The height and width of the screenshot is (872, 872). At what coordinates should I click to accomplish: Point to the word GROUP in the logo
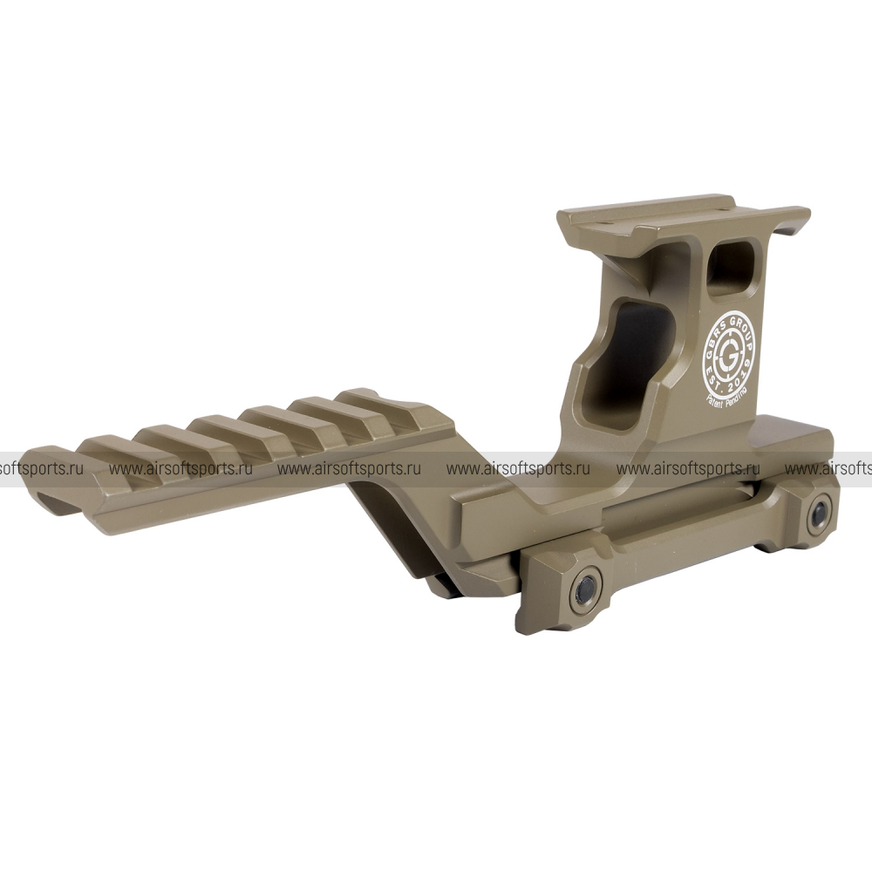click(x=742, y=329)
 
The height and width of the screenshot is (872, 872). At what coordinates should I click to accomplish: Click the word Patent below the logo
click(x=715, y=401)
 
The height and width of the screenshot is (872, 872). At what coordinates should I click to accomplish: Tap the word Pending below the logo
click(x=736, y=395)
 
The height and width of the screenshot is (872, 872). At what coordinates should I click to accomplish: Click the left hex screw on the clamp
click(x=587, y=588)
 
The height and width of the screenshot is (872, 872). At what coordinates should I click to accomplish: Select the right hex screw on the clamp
click(x=820, y=514)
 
